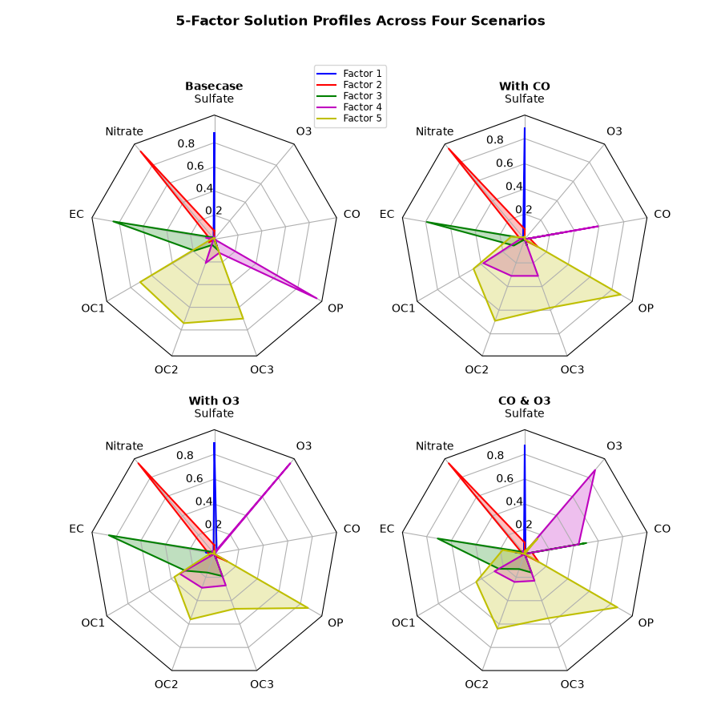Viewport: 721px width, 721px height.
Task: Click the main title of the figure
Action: (360, 21)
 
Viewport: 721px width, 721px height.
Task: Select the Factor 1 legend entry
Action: (349, 74)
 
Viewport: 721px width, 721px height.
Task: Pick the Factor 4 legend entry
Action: (349, 107)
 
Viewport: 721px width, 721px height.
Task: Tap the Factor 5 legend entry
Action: (349, 119)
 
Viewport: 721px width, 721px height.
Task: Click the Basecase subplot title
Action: (214, 86)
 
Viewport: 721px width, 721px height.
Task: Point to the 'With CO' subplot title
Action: (524, 86)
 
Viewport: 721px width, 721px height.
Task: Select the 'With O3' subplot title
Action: (214, 401)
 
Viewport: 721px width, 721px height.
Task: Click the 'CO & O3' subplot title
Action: (524, 401)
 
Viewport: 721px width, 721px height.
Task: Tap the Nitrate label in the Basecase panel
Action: (124, 131)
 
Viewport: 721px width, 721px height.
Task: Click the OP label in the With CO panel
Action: (646, 308)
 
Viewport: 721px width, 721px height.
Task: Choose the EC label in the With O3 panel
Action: (76, 529)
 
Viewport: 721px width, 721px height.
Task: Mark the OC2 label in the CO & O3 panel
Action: (477, 684)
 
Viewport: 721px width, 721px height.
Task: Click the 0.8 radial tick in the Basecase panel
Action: (186, 143)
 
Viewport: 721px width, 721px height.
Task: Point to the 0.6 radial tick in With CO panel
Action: (505, 163)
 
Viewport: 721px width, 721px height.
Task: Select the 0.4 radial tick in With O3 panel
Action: (203, 501)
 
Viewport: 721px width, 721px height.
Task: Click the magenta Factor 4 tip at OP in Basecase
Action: (318, 299)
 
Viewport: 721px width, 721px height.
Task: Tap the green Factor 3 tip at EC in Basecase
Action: (113, 222)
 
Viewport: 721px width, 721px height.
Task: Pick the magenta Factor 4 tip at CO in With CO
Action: (598, 226)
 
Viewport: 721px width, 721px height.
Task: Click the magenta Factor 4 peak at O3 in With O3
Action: (291, 462)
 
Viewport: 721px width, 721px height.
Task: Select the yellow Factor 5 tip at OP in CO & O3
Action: (617, 607)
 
